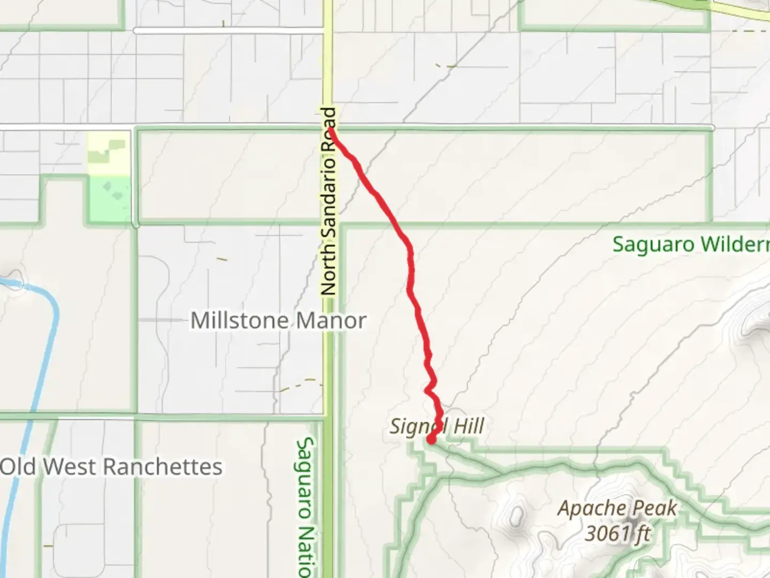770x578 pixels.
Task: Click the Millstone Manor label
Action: tap(278, 321)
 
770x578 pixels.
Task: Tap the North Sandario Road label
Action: tap(329, 201)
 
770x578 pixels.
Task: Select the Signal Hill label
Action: tap(436, 427)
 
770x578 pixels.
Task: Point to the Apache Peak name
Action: tap(617, 508)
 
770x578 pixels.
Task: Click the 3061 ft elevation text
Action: tap(618, 533)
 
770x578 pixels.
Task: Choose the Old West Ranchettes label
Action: tap(111, 467)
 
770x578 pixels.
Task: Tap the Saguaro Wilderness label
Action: tap(690, 245)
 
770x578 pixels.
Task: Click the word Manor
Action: tap(331, 321)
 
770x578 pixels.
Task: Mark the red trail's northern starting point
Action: tap(332, 129)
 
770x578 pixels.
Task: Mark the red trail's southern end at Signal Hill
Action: tap(431, 440)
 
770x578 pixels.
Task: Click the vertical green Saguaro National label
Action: tap(305, 506)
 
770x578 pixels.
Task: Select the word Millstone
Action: tap(240, 321)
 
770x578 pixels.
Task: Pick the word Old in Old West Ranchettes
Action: tap(19, 467)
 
